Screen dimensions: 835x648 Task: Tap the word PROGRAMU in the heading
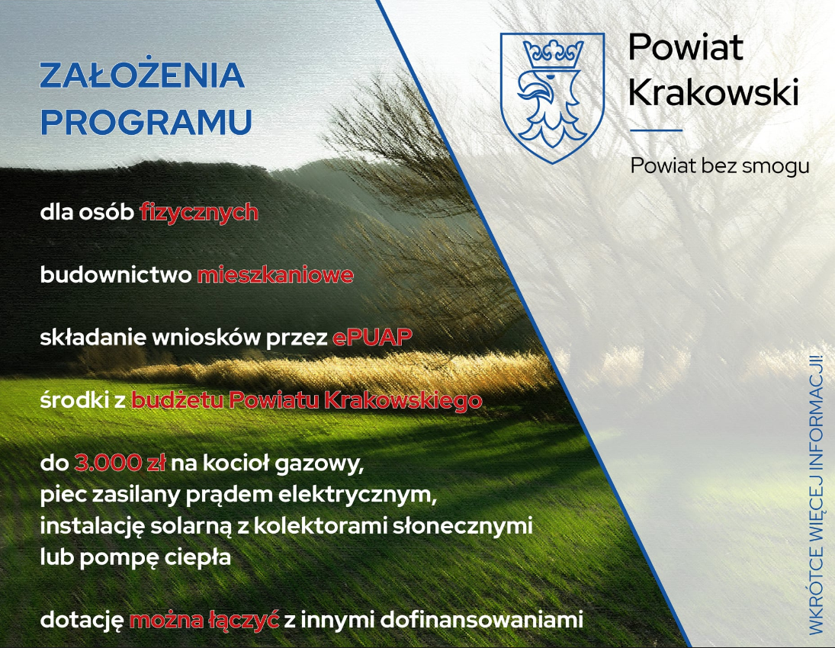(x=146, y=122)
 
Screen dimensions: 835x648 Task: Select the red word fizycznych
(x=199, y=213)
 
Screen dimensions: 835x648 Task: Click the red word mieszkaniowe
(x=275, y=274)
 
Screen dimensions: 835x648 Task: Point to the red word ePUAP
(x=373, y=337)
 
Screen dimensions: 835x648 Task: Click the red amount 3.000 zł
(x=120, y=463)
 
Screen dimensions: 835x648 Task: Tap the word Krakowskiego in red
(x=403, y=400)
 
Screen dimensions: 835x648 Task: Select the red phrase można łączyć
(x=204, y=621)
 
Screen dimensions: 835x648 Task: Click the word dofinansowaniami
(x=481, y=619)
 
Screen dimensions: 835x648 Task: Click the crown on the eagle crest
(x=553, y=55)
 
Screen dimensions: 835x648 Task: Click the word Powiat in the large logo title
(x=686, y=47)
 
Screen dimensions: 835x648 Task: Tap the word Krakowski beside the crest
(x=714, y=91)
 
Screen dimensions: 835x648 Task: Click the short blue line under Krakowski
(x=656, y=130)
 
